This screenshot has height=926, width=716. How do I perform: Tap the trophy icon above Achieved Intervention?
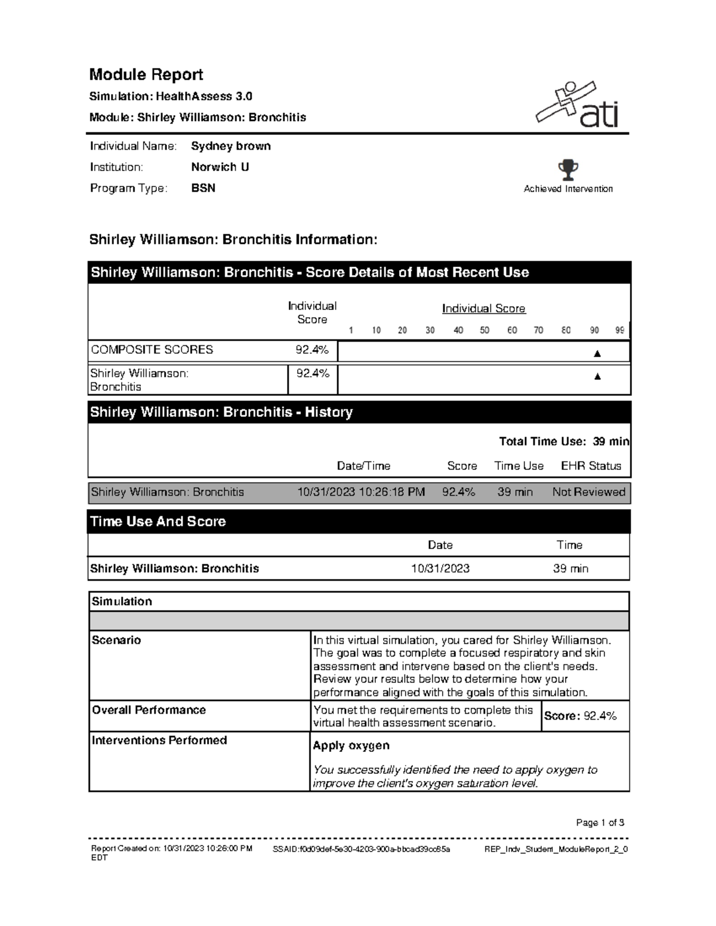tap(568, 170)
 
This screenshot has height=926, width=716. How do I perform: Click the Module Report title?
tap(146, 75)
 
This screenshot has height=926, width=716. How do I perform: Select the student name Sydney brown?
tap(231, 146)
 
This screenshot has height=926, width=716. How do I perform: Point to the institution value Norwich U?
tap(220, 167)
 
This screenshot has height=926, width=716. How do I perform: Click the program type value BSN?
tap(203, 188)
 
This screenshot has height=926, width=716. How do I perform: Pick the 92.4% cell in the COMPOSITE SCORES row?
tap(312, 350)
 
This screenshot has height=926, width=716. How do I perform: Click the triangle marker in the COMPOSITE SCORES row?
tap(597, 354)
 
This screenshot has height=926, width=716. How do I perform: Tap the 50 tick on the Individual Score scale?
tap(484, 330)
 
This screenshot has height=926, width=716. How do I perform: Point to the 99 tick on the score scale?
tap(620, 330)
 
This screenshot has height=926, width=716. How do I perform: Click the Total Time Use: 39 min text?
tap(564, 441)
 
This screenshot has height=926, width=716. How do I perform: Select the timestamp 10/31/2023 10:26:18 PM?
tap(361, 492)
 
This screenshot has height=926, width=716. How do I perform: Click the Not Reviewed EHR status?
tap(588, 492)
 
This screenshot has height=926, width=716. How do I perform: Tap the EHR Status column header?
tap(591, 466)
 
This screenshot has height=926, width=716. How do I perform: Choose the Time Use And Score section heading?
tap(158, 521)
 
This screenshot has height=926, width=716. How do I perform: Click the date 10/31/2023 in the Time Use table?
tap(440, 568)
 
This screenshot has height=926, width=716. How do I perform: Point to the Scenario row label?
tap(116, 640)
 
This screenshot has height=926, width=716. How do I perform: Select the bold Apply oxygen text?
tap(351, 745)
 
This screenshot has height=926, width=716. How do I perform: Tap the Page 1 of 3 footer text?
tap(600, 823)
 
